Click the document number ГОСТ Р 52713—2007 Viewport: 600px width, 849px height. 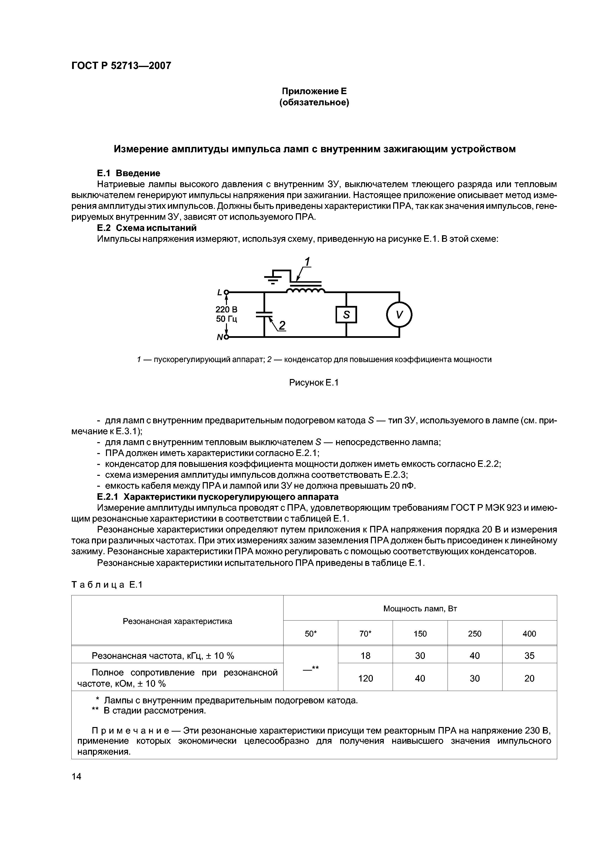click(x=121, y=66)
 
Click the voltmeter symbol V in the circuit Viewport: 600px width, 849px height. click(x=399, y=315)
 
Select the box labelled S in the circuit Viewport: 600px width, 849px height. click(x=346, y=315)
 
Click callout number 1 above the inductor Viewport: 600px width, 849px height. click(x=307, y=262)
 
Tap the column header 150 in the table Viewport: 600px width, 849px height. click(x=420, y=634)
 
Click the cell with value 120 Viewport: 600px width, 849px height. click(x=365, y=678)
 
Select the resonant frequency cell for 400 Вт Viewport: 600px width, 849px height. click(x=529, y=656)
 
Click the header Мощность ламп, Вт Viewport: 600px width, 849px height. click(x=420, y=609)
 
